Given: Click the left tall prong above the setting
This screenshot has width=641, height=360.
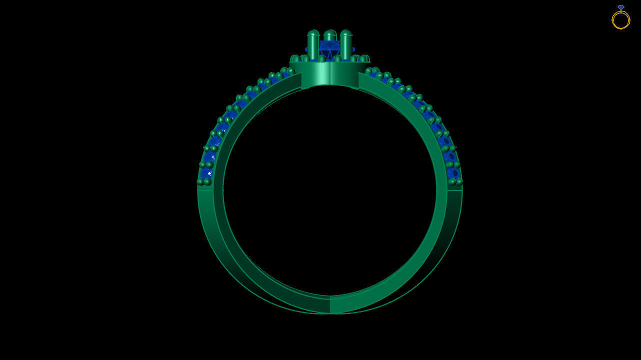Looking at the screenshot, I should (313, 45).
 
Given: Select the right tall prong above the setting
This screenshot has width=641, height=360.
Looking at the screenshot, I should (346, 45).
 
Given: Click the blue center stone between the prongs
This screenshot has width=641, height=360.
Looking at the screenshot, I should (329, 49).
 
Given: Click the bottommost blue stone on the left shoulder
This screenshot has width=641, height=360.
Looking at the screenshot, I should (205, 173).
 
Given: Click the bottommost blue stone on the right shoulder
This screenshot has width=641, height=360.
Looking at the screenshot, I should (454, 173).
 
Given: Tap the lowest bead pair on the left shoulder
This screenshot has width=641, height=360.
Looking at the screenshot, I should (204, 181).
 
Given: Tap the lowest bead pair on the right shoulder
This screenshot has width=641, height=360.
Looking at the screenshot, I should (455, 181).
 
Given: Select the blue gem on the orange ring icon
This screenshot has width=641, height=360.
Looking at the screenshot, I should (620, 7).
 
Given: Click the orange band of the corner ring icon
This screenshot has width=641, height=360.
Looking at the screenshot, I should (620, 21).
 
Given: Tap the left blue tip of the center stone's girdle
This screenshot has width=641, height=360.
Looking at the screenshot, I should (306, 49).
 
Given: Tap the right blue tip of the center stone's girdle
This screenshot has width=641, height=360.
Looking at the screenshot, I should (353, 49).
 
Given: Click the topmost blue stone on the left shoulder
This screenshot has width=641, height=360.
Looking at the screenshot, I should (286, 75).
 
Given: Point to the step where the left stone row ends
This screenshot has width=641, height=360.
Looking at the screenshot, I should (205, 188).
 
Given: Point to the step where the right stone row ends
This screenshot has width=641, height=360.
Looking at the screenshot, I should (454, 188).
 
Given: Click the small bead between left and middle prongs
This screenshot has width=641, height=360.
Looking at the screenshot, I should (321, 58).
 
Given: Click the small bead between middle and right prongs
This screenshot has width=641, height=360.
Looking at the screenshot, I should (337, 58).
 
